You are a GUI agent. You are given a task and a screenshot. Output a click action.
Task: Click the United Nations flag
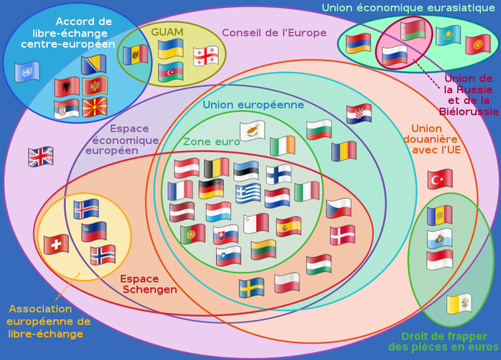[27, 72]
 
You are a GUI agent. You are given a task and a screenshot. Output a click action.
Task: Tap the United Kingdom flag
[41, 157]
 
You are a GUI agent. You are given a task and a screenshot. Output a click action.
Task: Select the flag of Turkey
[440, 179]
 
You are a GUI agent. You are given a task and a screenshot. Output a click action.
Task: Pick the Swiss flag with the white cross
[56, 244]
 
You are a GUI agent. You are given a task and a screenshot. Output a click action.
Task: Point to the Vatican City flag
[460, 304]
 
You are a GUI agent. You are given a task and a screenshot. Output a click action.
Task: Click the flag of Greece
[249, 193]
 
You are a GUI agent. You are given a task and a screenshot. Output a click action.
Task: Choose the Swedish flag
[251, 287]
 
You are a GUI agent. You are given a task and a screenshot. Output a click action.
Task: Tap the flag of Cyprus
[252, 130]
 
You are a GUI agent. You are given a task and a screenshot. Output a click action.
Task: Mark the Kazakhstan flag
[448, 35]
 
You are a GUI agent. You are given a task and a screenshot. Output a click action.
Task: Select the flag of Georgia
[206, 56]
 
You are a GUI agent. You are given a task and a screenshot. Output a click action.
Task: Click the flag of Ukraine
[171, 49]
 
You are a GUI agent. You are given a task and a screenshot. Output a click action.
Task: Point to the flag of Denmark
[342, 235]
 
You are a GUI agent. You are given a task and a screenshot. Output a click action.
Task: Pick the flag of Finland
[278, 174]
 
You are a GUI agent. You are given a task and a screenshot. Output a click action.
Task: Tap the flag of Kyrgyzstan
[478, 44]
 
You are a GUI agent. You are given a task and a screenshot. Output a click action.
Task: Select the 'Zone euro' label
[211, 142]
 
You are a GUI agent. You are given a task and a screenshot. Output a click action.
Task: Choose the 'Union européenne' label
[253, 105]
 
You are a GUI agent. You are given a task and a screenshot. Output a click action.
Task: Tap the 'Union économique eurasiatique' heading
[408, 8]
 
